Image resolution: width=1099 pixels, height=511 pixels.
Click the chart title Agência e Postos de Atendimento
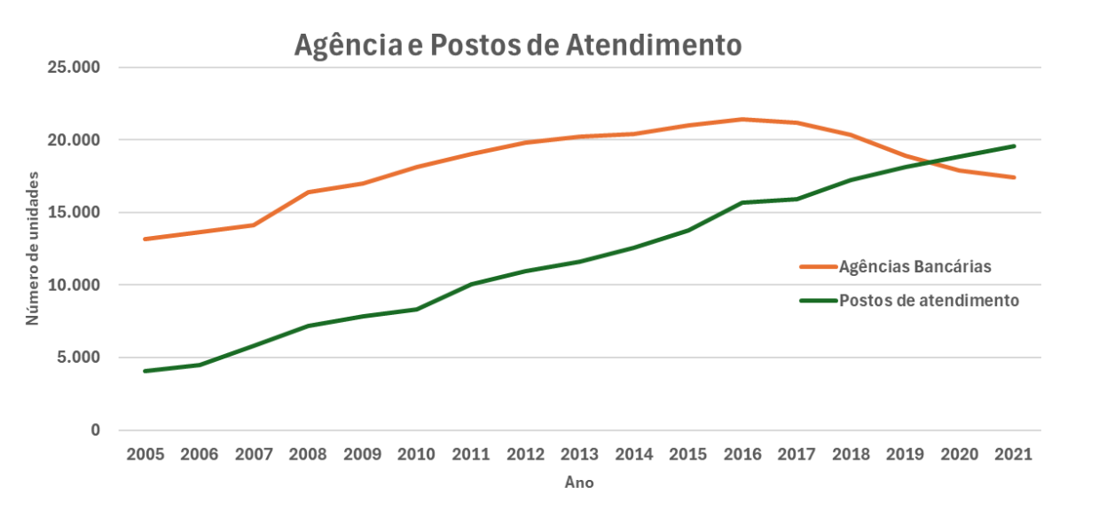(x=517, y=45)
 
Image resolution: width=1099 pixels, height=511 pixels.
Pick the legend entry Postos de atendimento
(x=929, y=300)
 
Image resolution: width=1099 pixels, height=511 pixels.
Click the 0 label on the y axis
(x=95, y=430)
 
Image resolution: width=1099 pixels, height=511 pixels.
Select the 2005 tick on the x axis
(x=145, y=454)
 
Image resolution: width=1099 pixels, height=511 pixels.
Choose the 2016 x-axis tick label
(x=742, y=454)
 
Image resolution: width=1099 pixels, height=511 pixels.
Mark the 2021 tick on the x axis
(x=1014, y=454)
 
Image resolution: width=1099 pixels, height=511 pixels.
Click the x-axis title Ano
(x=579, y=483)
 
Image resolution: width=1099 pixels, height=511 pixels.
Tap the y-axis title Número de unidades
(x=33, y=248)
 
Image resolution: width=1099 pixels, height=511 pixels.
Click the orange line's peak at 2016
(x=742, y=119)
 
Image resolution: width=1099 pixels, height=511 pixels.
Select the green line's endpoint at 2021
(x=1014, y=146)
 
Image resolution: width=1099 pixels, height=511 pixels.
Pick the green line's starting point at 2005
(x=145, y=371)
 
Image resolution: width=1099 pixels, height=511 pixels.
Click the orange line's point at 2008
(x=308, y=192)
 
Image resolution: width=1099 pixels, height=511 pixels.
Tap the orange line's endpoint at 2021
(x=1014, y=177)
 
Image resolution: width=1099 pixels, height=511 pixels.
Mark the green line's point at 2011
(x=471, y=284)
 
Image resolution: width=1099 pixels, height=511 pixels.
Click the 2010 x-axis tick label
(x=416, y=454)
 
